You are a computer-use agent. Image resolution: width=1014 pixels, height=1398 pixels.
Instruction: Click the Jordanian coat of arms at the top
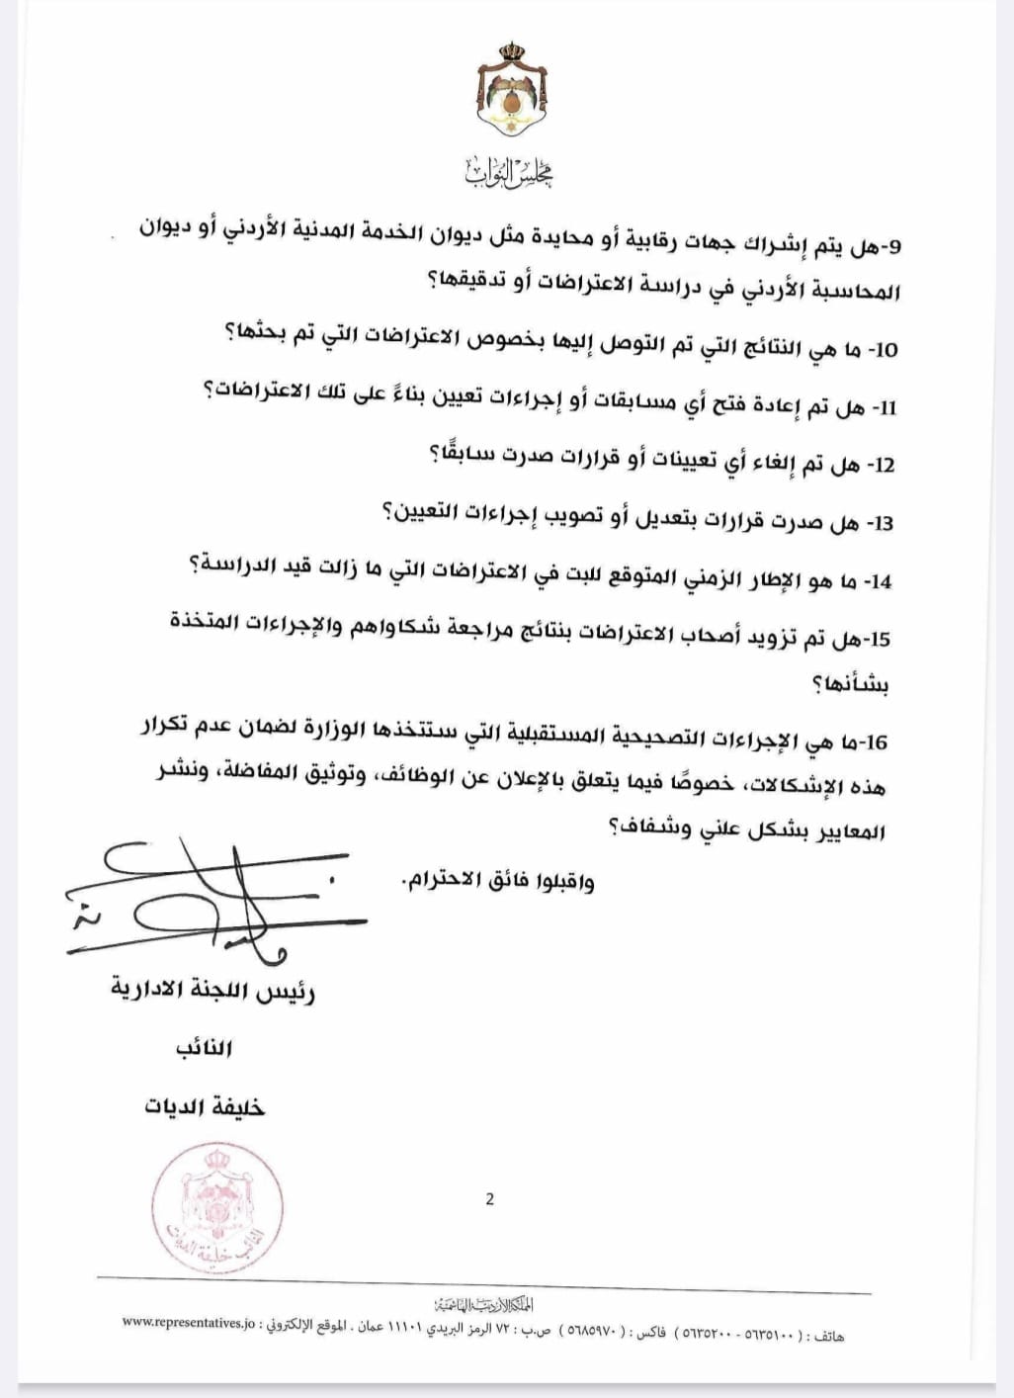click(x=512, y=92)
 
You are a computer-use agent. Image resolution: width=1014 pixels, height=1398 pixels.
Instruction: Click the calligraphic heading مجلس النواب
click(x=510, y=174)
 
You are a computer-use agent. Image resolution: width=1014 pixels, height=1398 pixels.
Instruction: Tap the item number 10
click(x=886, y=349)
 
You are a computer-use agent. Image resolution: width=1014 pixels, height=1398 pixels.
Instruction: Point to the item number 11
click(x=886, y=407)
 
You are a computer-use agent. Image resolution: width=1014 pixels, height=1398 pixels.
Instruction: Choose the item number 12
click(x=883, y=465)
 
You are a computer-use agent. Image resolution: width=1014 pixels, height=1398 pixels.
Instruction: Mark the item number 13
click(x=881, y=522)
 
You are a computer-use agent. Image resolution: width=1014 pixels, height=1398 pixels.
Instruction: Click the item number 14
click(x=880, y=581)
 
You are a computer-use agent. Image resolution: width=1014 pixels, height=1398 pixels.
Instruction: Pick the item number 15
click(x=879, y=639)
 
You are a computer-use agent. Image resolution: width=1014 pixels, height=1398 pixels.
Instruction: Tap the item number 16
click(x=877, y=742)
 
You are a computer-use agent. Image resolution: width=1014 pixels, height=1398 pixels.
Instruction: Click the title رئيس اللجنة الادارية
click(x=212, y=991)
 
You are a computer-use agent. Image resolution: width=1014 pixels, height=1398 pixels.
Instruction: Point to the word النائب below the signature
click(x=204, y=1048)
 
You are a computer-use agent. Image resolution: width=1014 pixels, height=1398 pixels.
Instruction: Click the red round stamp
click(x=218, y=1208)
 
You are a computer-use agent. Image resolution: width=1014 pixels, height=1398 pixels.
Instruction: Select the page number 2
click(x=490, y=1200)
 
